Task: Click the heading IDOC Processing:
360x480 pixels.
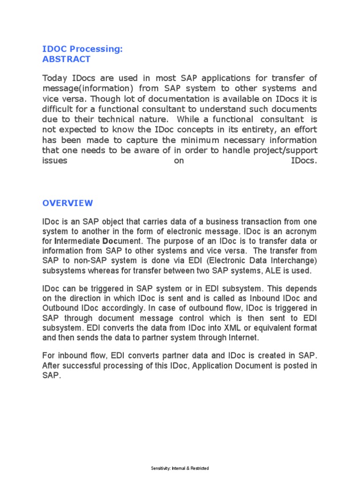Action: click(82, 49)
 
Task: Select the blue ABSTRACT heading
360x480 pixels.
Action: click(66, 59)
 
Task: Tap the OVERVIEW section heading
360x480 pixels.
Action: click(67, 203)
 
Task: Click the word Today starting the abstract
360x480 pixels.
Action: click(55, 78)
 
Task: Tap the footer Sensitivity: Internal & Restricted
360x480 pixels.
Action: click(180, 468)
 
